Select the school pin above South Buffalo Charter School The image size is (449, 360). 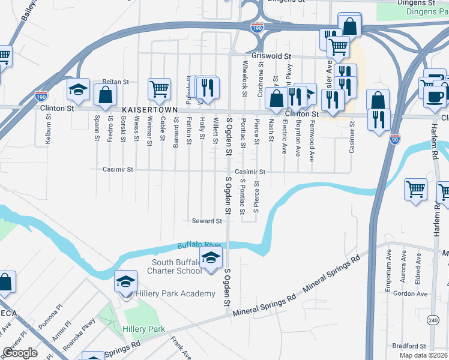[211, 258]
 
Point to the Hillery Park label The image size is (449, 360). [143, 329]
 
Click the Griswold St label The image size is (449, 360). [271, 56]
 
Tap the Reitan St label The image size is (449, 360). [116, 82]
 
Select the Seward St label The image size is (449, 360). [206, 221]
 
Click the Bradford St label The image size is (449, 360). [409, 346]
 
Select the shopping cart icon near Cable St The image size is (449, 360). [159, 89]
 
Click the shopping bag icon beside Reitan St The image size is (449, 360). [105, 95]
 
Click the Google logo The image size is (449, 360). [20, 353]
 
